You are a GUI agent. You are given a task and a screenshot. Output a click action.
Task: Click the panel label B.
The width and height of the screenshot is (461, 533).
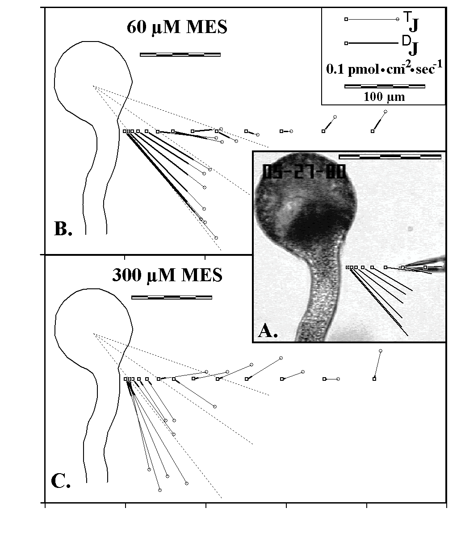[x=63, y=229]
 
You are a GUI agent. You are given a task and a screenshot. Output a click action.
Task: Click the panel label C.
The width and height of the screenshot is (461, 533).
[x=61, y=481]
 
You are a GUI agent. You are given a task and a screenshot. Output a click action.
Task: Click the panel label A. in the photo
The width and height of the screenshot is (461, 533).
[x=268, y=330]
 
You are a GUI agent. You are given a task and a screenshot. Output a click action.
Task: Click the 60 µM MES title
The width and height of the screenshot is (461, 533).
[x=177, y=27]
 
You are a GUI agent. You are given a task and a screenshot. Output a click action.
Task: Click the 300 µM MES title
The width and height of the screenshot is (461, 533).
[x=167, y=275]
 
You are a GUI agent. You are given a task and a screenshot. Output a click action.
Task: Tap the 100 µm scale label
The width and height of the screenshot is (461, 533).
[x=384, y=96]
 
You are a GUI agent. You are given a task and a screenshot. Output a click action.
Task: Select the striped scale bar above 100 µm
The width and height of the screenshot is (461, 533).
[x=385, y=86]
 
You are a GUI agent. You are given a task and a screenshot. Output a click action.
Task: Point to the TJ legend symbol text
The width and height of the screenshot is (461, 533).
[x=411, y=21]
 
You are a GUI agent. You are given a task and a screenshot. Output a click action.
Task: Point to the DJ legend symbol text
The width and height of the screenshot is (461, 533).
[x=411, y=45]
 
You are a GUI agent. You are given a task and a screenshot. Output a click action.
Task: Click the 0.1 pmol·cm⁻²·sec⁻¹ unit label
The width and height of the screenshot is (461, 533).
[x=384, y=68]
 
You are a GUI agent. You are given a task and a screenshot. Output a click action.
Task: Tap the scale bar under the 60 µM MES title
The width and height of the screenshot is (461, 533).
[x=180, y=54]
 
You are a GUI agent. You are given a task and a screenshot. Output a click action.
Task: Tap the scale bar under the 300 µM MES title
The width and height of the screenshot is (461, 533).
[x=172, y=297]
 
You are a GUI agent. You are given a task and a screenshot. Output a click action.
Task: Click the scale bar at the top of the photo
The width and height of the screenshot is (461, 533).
[x=390, y=157]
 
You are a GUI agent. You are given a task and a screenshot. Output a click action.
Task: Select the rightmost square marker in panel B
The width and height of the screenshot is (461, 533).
[x=373, y=131]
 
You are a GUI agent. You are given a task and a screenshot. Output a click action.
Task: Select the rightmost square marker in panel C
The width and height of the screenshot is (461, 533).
[x=374, y=379]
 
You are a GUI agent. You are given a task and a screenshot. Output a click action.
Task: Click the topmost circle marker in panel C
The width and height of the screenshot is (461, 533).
[x=380, y=351]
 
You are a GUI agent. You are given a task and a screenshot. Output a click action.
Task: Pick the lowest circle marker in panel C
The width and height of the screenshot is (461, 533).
[x=160, y=490]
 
